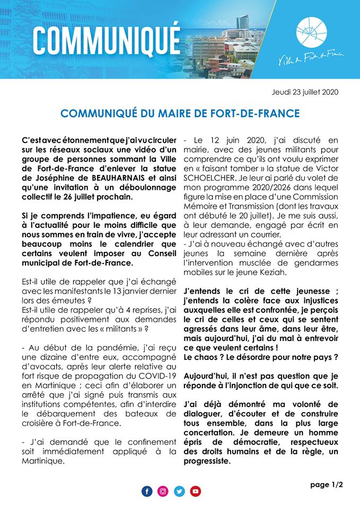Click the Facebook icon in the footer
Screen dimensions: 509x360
click(x=147, y=492)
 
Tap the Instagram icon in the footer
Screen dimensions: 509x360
click(x=163, y=492)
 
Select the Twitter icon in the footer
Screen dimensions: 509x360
click(x=179, y=492)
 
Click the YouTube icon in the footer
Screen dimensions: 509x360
click(x=196, y=492)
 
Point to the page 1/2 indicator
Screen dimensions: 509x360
click(x=327, y=484)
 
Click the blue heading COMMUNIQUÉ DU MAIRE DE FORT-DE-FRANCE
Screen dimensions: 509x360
click(x=180, y=113)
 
